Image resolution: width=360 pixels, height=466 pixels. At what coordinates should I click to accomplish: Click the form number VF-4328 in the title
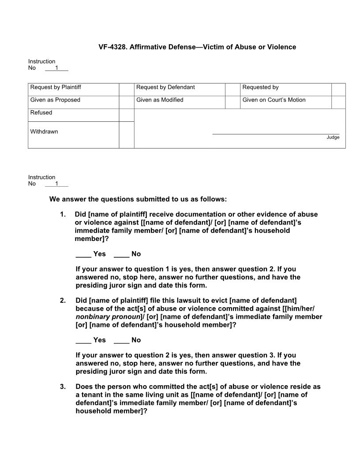[x=112, y=47]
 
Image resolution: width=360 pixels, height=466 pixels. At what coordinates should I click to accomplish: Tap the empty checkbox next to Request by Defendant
[x=232, y=90]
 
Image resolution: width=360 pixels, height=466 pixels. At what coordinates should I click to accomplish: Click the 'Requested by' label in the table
[x=260, y=87]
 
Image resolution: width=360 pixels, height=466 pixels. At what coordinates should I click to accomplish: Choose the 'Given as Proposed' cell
[x=55, y=100]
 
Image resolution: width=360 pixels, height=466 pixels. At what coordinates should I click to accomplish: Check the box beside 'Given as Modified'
[x=232, y=102]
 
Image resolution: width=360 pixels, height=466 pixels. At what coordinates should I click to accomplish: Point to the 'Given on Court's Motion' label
[x=274, y=100]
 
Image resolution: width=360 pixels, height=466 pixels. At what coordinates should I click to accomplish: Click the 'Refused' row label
[x=41, y=113]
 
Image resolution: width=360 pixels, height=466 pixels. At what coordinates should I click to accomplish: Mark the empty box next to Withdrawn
[x=127, y=135]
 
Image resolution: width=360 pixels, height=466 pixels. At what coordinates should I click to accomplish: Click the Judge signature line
[x=276, y=133]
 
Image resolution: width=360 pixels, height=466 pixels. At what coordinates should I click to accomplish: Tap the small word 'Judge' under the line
[x=333, y=138]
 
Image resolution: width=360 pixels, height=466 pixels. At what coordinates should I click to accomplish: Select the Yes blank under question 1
[x=83, y=255]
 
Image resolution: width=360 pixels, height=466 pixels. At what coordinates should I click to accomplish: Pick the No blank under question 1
[x=121, y=255]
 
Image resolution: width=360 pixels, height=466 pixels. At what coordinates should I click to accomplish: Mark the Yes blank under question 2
[x=83, y=341]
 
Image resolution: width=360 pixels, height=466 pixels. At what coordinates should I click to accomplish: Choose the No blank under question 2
[x=121, y=341]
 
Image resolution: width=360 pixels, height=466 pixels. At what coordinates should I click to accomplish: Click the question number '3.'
[x=63, y=387]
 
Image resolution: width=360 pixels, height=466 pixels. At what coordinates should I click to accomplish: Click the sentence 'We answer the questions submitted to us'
[x=138, y=199]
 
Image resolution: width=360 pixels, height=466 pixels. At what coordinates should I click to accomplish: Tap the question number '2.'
[x=63, y=301]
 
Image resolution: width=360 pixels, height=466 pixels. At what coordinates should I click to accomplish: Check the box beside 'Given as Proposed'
[x=127, y=102]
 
